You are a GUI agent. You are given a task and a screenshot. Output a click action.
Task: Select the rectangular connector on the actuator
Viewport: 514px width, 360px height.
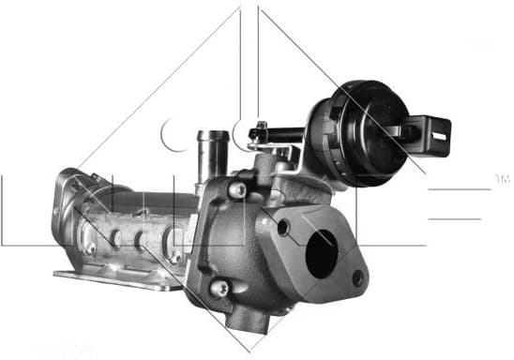(433, 134)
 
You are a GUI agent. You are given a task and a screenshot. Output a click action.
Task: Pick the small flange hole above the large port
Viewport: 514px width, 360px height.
(282, 228)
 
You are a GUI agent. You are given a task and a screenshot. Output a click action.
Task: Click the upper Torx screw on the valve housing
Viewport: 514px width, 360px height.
(239, 190)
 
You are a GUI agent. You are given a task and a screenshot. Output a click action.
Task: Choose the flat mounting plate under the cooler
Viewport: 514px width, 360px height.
(113, 278)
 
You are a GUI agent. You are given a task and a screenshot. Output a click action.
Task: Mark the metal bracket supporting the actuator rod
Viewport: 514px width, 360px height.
(277, 145)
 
